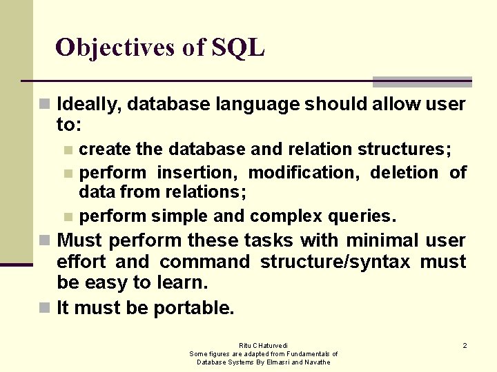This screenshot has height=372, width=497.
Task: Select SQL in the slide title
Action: click(238, 48)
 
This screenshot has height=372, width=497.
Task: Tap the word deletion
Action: click(404, 172)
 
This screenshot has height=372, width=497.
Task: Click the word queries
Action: click(361, 216)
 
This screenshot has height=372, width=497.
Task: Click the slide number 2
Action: click(465, 345)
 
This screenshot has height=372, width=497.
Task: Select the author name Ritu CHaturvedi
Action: click(263, 345)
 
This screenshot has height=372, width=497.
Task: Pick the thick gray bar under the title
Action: click(422, 81)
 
